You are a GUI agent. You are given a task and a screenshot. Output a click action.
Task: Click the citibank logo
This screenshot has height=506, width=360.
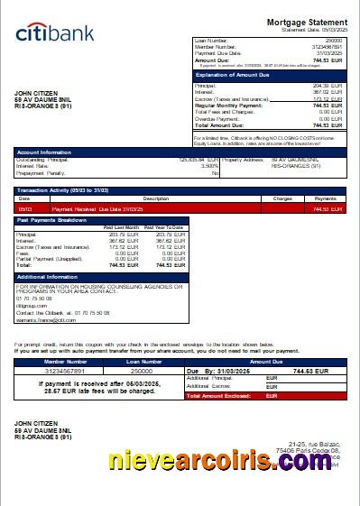point(55,33)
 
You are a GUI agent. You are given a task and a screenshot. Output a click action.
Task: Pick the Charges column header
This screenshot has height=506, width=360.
point(282,198)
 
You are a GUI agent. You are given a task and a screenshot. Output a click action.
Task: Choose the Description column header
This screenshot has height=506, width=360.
point(155,198)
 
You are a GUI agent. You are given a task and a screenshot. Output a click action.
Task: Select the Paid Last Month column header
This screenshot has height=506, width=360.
point(121,227)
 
